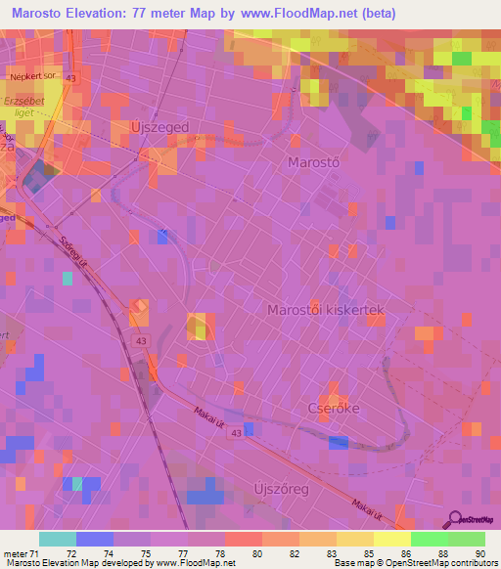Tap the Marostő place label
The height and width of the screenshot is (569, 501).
(x=312, y=161)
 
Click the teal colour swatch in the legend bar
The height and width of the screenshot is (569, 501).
(x=57, y=539)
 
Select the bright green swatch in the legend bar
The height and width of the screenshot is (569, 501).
(x=429, y=539)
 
